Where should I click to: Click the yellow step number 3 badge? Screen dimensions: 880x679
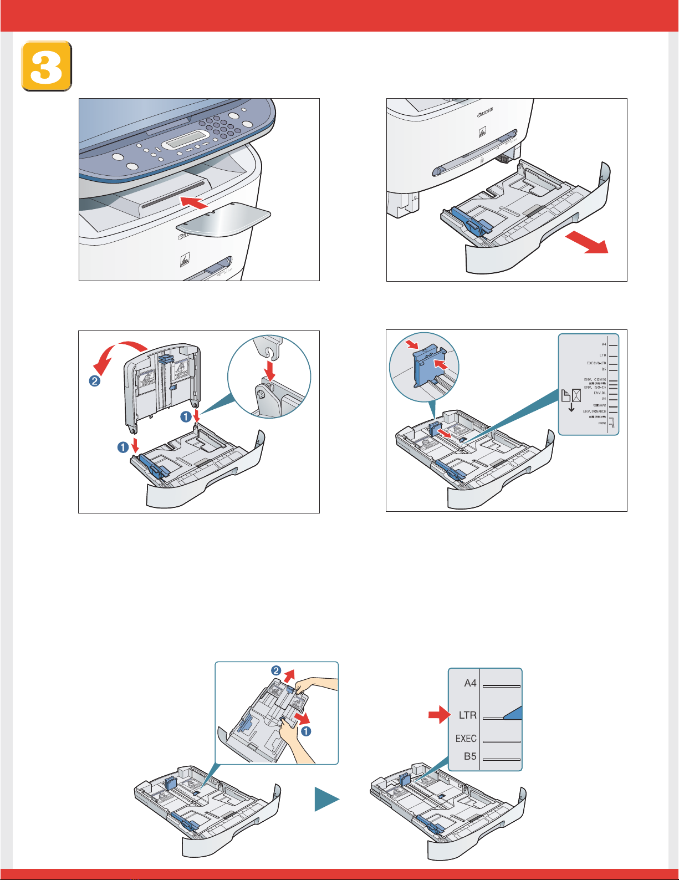click(x=47, y=65)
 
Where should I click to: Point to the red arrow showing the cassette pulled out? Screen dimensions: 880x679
click(x=587, y=243)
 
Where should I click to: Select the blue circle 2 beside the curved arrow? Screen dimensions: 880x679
click(x=95, y=381)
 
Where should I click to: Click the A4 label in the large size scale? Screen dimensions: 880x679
click(x=470, y=683)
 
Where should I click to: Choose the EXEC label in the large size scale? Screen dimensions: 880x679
click(x=466, y=739)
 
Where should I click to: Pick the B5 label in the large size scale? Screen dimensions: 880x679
click(x=469, y=756)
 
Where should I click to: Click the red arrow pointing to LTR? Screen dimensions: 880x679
click(x=441, y=714)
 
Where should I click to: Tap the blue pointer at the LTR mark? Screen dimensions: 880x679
click(x=513, y=714)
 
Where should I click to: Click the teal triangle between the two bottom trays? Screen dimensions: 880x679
click(x=327, y=800)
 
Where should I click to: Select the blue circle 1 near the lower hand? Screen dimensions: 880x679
click(x=306, y=731)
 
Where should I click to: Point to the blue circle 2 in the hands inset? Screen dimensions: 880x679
click(x=275, y=671)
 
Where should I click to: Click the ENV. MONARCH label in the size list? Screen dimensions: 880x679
click(x=594, y=411)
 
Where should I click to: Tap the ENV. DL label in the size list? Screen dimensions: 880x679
click(x=600, y=393)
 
